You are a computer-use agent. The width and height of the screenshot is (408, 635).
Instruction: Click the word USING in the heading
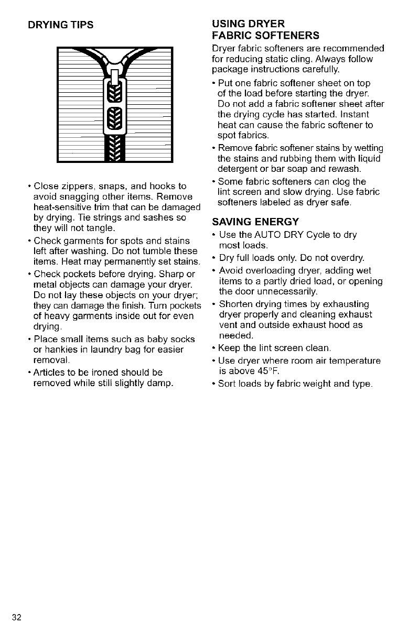(227, 24)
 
